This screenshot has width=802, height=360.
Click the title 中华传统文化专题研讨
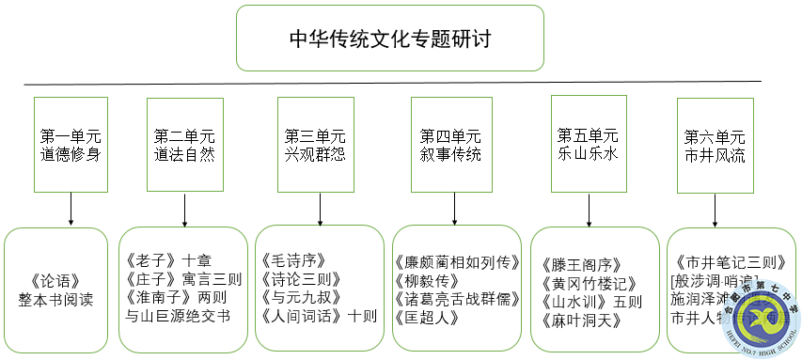(x=389, y=39)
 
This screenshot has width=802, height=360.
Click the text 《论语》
(x=55, y=280)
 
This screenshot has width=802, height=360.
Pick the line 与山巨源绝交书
(x=178, y=316)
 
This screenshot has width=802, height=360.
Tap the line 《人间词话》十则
(x=318, y=316)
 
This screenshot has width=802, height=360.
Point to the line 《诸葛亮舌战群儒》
(x=457, y=299)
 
